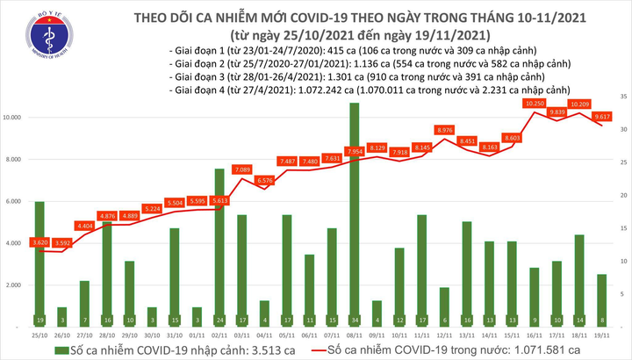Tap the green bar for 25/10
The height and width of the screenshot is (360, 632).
coord(39,263)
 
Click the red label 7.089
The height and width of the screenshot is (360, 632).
coord(243,169)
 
